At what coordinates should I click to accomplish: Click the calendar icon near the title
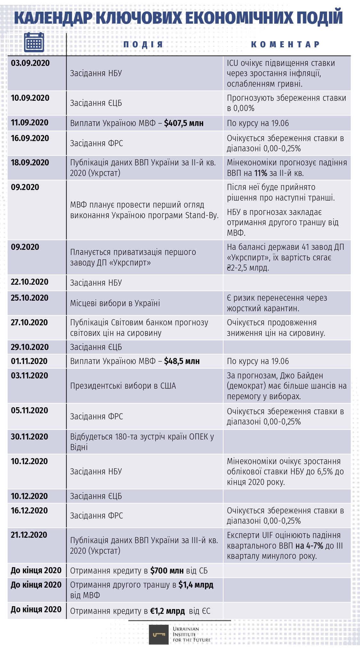click(34, 42)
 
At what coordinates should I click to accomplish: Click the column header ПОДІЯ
click(143, 44)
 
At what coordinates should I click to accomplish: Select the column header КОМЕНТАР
click(285, 44)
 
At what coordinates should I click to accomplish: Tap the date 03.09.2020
click(30, 63)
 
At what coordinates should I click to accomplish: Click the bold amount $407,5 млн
click(184, 123)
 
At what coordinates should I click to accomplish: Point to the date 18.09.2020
click(30, 162)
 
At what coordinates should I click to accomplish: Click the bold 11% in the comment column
click(261, 173)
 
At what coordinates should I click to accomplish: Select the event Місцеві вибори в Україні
click(115, 303)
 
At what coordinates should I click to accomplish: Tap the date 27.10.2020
click(29, 322)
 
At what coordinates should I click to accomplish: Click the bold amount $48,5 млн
click(182, 361)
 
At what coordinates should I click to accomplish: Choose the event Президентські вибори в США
click(123, 386)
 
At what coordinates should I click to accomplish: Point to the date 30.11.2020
click(29, 437)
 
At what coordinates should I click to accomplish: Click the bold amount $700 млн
click(167, 571)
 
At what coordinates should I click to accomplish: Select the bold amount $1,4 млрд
click(196, 585)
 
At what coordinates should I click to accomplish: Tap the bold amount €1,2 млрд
click(167, 611)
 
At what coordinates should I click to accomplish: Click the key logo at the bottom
click(159, 635)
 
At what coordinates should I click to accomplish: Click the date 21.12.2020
click(29, 535)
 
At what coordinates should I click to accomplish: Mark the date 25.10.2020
click(29, 298)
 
